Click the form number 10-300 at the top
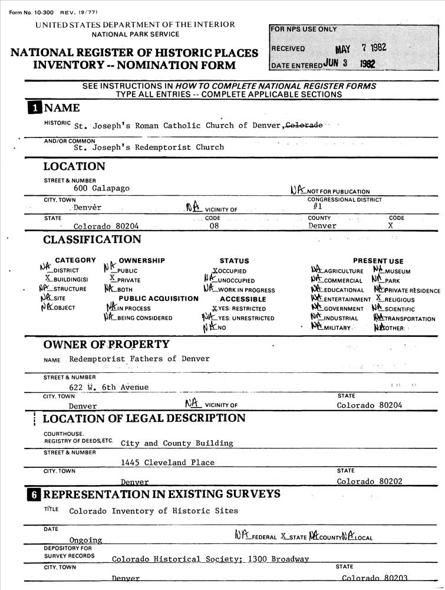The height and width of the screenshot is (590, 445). (x=29, y=14)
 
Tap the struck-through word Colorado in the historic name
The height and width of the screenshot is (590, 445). (x=304, y=125)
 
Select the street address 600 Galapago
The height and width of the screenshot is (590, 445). (x=101, y=188)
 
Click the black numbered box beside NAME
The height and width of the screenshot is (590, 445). (x=35, y=108)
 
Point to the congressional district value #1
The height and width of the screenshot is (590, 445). (x=317, y=206)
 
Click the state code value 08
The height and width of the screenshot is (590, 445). (x=213, y=226)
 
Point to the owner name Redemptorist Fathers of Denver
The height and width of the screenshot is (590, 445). (x=139, y=359)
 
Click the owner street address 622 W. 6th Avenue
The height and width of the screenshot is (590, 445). (x=108, y=387)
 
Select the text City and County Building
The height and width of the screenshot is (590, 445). (x=177, y=443)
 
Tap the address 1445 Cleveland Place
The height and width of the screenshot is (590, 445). (x=167, y=462)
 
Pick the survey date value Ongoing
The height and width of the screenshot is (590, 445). (x=85, y=540)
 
